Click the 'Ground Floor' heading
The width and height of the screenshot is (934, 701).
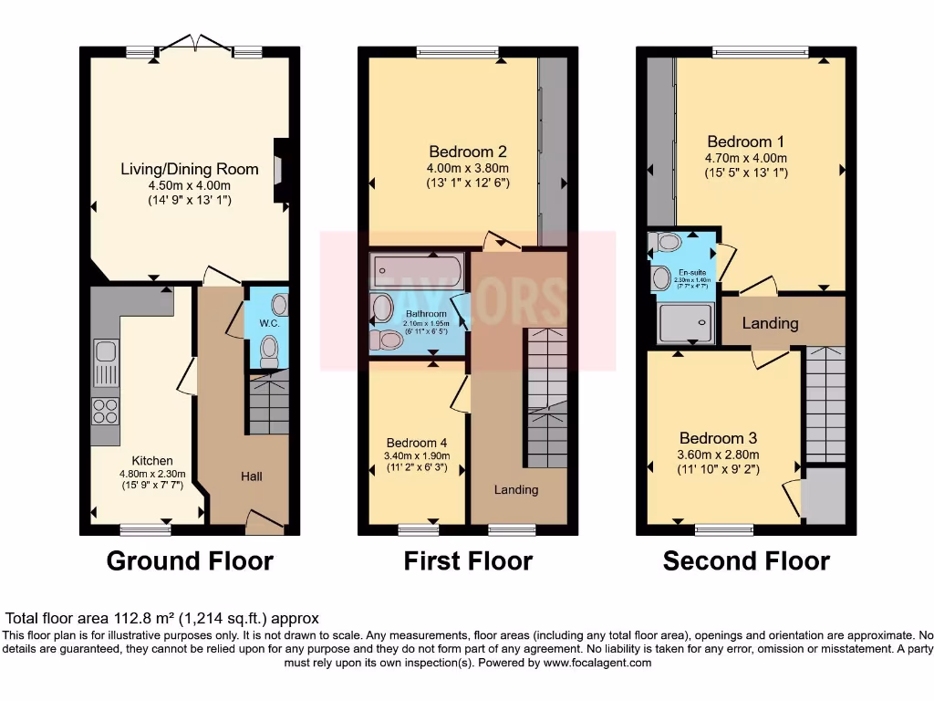[x=190, y=560]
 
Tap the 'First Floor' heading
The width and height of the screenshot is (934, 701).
[x=468, y=560]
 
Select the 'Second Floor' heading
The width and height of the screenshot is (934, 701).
[x=746, y=560]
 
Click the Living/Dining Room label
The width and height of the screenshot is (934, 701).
[x=190, y=169]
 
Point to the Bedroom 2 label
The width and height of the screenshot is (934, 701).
[x=468, y=152]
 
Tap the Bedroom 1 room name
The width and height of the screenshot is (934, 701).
[x=745, y=141]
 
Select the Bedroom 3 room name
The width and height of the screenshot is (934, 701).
[x=718, y=438]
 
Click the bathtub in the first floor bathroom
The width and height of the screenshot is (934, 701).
[x=416, y=271]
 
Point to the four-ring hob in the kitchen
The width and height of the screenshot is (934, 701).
[x=105, y=411]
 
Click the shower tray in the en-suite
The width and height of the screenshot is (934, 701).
[x=684, y=322]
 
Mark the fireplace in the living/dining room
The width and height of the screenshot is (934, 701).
[x=282, y=169]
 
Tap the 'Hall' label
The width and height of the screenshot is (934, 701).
[x=252, y=476]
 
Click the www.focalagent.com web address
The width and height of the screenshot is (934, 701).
[x=597, y=663]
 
